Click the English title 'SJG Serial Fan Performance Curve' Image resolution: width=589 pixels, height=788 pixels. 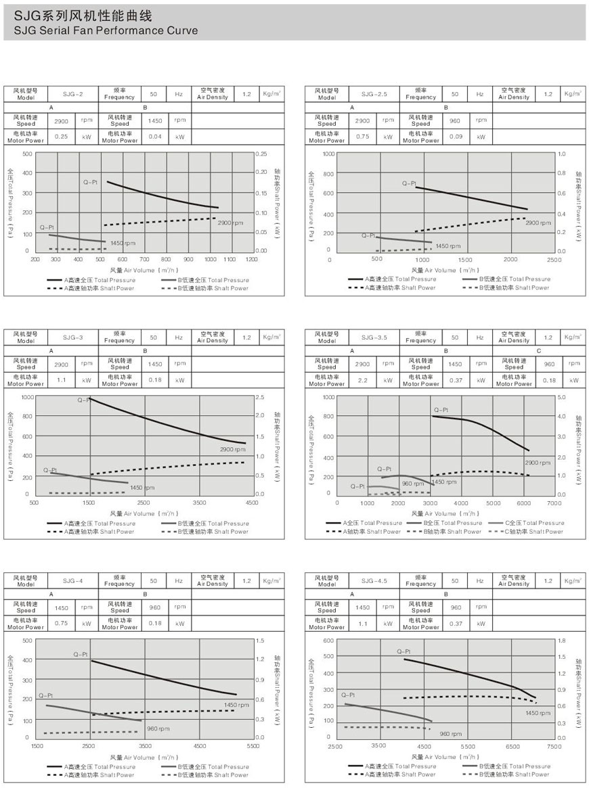click(101, 30)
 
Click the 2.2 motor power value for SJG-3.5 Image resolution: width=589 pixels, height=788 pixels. click(363, 380)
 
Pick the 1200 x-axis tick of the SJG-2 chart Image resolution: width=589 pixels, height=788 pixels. click(251, 259)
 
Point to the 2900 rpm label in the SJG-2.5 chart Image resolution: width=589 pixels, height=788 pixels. click(538, 223)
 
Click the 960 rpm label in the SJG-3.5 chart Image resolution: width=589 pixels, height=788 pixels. click(412, 484)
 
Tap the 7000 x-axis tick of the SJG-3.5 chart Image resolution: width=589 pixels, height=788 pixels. click(554, 503)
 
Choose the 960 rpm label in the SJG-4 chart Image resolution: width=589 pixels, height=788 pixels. click(158, 728)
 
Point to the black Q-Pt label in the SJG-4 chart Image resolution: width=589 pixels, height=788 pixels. click(81, 654)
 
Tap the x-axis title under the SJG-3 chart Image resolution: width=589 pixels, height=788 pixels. click(141, 513)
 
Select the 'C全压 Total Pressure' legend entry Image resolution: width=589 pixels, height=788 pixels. click(534, 523)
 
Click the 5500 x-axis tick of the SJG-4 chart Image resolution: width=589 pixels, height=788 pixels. click(253, 746)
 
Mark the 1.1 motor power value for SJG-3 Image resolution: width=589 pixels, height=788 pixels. click(62, 380)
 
